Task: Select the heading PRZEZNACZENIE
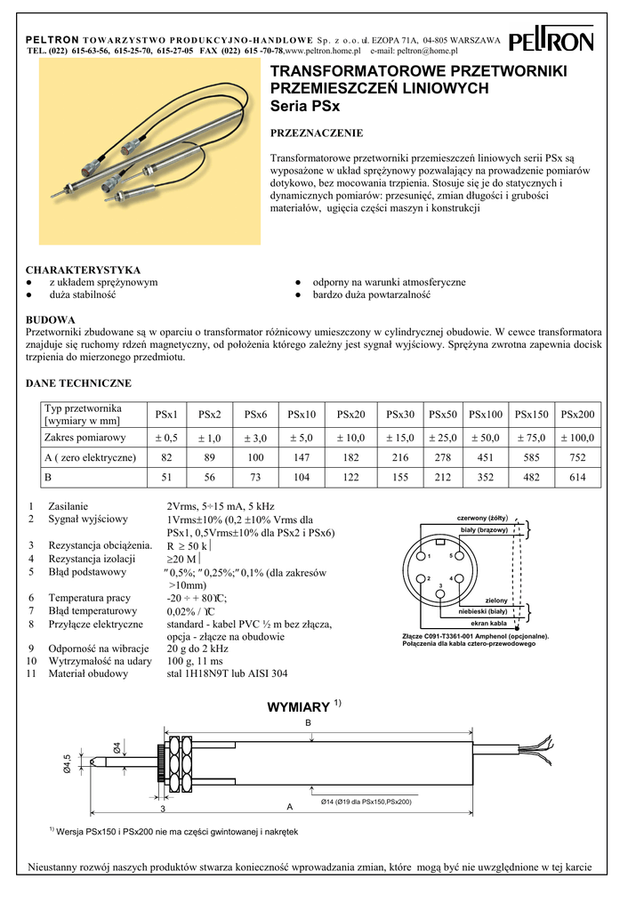coord(316,133)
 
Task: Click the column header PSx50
coord(443,415)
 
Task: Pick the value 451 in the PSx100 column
coord(487,457)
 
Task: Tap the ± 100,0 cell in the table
coord(578,437)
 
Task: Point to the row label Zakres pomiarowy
coord(85,437)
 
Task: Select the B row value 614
coord(578,478)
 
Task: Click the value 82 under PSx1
coord(166,457)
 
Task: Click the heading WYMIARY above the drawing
coord(299,708)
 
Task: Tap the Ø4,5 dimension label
coord(67,763)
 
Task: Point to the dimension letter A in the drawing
coord(289,806)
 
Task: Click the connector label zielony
coord(496,601)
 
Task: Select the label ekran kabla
coord(487,624)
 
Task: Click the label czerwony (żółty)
coord(482,518)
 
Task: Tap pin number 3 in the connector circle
coord(440,585)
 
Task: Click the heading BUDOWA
coord(51,320)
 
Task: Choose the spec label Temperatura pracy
coord(90,598)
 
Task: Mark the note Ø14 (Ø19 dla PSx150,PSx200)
coord(366,802)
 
